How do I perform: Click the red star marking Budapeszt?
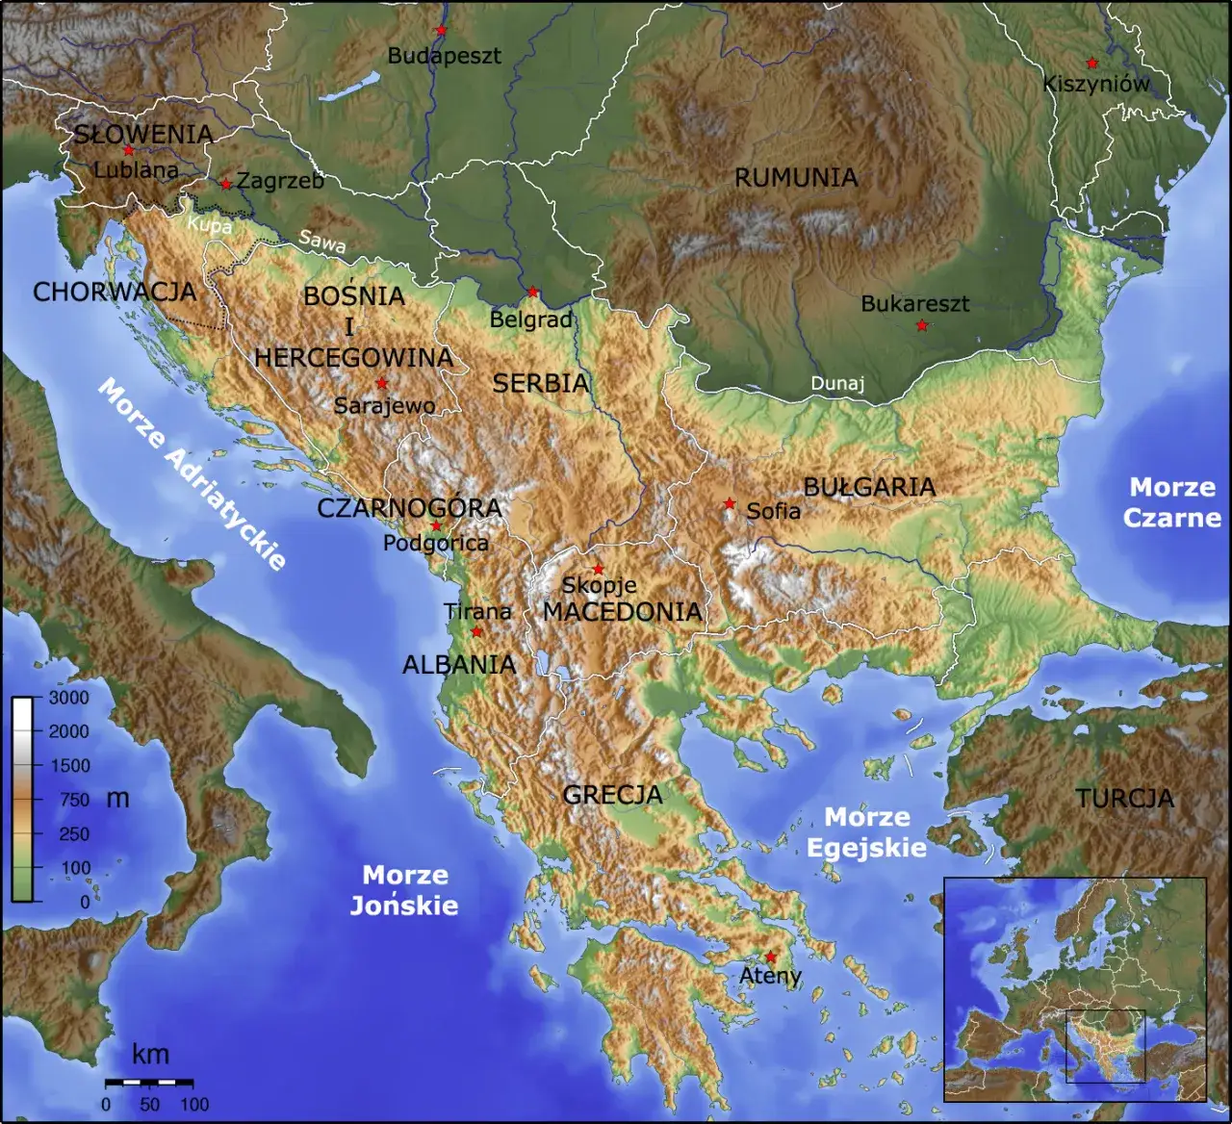[x=441, y=31]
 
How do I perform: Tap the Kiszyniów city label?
[x=1096, y=84]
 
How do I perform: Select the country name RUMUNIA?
[x=796, y=178]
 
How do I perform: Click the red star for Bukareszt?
[x=921, y=326]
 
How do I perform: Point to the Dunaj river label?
[x=837, y=383]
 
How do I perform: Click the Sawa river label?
[x=321, y=242]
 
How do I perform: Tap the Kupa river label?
[x=209, y=225]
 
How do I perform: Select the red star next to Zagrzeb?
[x=226, y=184]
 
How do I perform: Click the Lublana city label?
[x=136, y=170]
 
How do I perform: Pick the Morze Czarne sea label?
[x=1171, y=502]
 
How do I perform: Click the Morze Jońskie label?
[x=404, y=890]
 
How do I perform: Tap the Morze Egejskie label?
[x=866, y=832]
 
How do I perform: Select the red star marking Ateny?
[x=770, y=957]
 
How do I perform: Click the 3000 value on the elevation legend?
[x=68, y=698]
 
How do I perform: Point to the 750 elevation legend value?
[x=73, y=800]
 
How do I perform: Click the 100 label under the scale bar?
[x=194, y=1105]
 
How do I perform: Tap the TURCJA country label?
[x=1124, y=799]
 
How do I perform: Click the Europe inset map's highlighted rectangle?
[x=1105, y=1045]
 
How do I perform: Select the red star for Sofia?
[x=730, y=504]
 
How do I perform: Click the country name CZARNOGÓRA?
[x=409, y=508]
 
